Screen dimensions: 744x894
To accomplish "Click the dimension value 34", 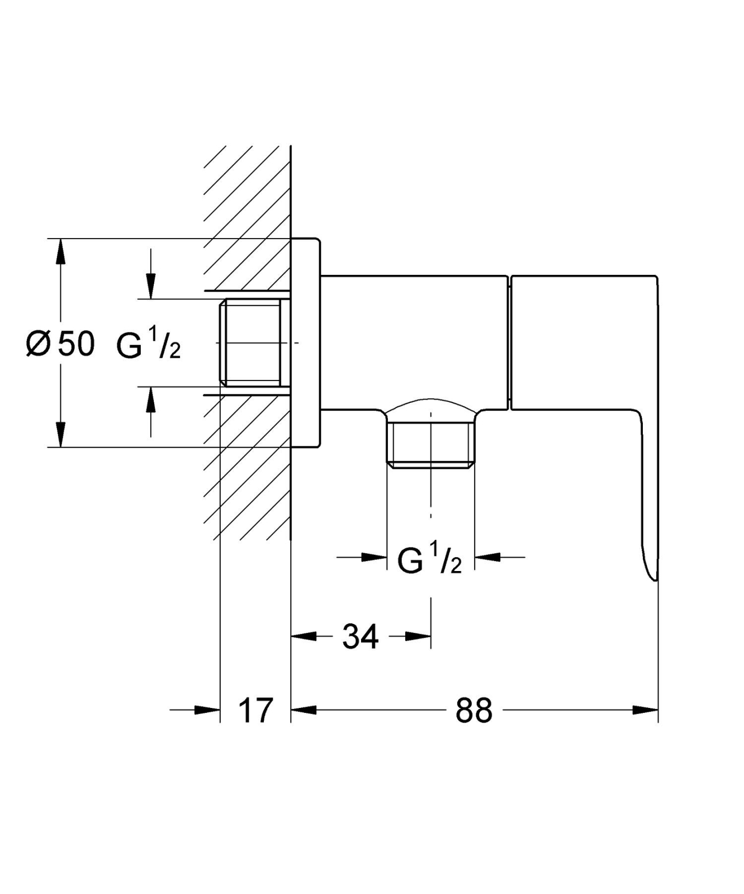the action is tap(361, 636).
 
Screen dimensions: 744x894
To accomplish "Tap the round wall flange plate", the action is tap(305, 343).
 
